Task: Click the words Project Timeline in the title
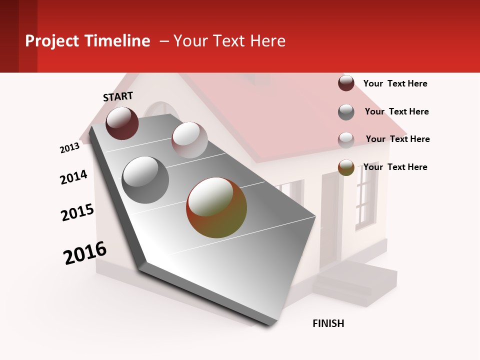coord(87,41)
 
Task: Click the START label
coord(118,96)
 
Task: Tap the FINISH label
coord(328,323)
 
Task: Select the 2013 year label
coord(69,148)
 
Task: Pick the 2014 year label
coord(73,177)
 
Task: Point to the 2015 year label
coord(77,212)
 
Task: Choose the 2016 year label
coord(85,253)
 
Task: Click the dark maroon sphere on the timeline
coord(122,123)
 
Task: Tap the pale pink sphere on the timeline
coord(189,139)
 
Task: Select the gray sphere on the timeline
coord(145,179)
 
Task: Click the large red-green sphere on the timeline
coord(216,207)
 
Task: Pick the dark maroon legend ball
coord(346,83)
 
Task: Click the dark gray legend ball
coord(346,112)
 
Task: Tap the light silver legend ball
coord(346,139)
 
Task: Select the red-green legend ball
coord(346,167)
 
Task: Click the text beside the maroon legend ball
coord(395,83)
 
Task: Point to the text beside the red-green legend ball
coord(395,167)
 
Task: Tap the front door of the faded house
coord(329,220)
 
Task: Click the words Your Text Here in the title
coord(229,41)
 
